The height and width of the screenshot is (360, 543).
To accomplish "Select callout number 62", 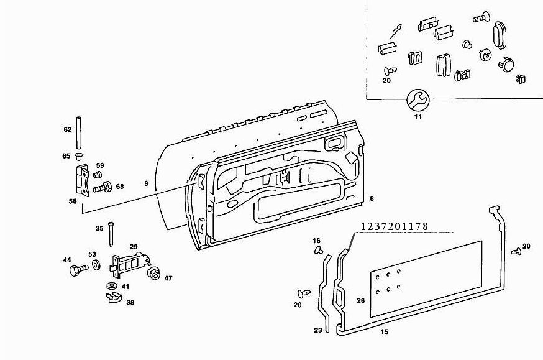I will click(68, 129).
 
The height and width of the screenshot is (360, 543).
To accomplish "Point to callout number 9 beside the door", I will click(146, 183).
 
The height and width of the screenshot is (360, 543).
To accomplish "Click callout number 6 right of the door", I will click(372, 198).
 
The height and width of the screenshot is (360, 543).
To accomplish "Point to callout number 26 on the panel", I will click(360, 301).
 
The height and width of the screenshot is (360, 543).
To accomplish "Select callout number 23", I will click(318, 330).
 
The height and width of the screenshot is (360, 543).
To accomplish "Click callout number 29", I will click(133, 247).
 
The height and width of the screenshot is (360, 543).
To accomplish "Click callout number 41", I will click(125, 287).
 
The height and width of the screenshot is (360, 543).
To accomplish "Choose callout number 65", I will click(66, 155).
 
